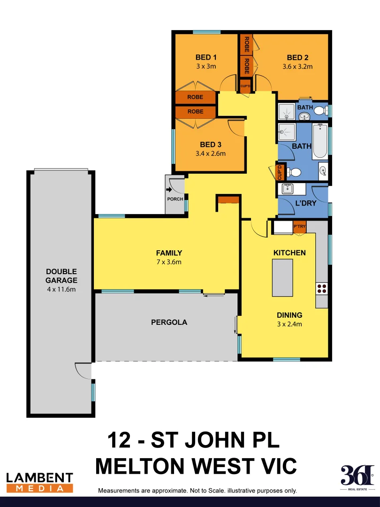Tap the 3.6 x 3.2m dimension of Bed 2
tap(297, 67)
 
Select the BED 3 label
tap(210, 145)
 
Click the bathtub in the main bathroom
tap(320, 141)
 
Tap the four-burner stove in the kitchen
tap(322, 288)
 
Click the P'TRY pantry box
tap(299, 226)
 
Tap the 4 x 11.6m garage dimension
tap(61, 289)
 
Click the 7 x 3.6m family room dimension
tap(169, 262)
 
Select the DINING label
tap(289, 315)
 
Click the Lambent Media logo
tap(39, 483)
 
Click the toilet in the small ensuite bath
tap(319, 111)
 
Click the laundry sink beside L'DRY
tap(287, 189)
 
